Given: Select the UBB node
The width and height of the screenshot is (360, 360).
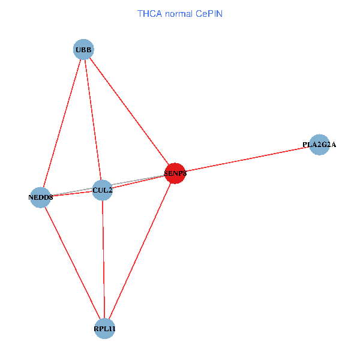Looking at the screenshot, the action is click(x=83, y=49).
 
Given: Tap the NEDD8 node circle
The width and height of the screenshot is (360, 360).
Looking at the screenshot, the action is click(x=40, y=197).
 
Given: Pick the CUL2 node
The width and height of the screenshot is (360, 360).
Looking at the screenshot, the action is click(x=103, y=191).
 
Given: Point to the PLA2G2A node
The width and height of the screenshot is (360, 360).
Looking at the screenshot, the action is click(x=319, y=145).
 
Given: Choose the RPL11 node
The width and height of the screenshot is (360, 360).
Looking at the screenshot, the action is click(x=104, y=328).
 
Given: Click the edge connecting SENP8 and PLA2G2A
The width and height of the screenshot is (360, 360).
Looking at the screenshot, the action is click(x=246, y=159).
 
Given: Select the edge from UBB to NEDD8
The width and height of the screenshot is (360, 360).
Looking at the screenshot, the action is click(x=62, y=123).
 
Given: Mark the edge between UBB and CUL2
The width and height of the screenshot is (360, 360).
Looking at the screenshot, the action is click(x=93, y=120).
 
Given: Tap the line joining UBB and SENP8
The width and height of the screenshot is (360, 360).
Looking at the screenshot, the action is click(x=129, y=112).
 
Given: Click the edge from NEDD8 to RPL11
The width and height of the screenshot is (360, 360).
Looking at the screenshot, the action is click(x=72, y=262).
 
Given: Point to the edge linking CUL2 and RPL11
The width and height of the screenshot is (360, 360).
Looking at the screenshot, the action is click(x=103, y=259).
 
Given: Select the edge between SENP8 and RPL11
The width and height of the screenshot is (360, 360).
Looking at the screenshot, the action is click(x=139, y=251).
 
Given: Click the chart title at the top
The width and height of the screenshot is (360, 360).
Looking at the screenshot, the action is click(x=180, y=13).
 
